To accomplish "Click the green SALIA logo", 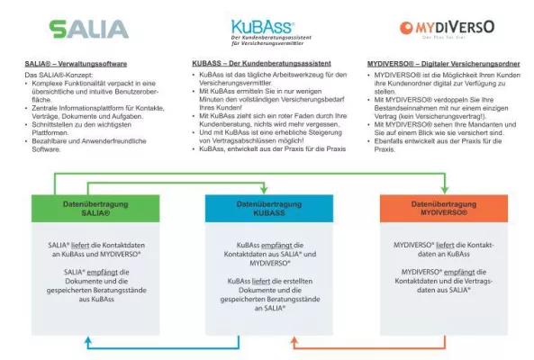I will pyautogui.click(x=89, y=30).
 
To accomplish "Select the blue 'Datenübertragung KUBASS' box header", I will pyautogui.click(x=263, y=210).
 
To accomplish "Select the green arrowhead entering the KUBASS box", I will pyautogui.click(x=263, y=190).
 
